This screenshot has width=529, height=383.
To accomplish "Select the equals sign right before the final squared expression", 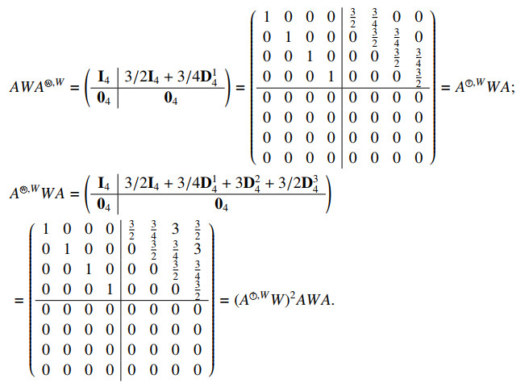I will tap(225, 301).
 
